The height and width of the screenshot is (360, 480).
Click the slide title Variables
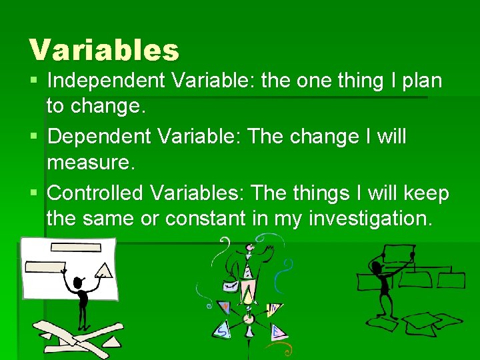pos(104,50)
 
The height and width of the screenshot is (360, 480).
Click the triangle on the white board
pos(103,269)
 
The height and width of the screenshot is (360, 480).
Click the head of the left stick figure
pos(80,283)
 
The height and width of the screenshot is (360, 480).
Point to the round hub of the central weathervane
pos(249,318)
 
